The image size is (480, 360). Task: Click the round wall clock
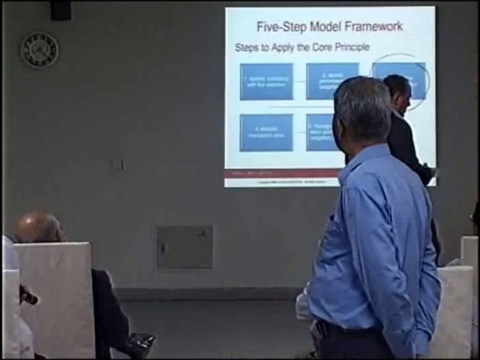tap(39, 50)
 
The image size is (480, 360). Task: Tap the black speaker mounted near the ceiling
tap(60, 10)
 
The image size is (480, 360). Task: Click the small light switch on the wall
tap(118, 164)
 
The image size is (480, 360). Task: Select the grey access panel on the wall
tap(184, 247)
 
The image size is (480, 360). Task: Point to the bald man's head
tap(38, 227)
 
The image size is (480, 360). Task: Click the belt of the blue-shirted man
tap(350, 330)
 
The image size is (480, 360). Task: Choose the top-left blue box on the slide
tap(266, 81)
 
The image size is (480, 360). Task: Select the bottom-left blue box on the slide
tap(266, 132)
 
